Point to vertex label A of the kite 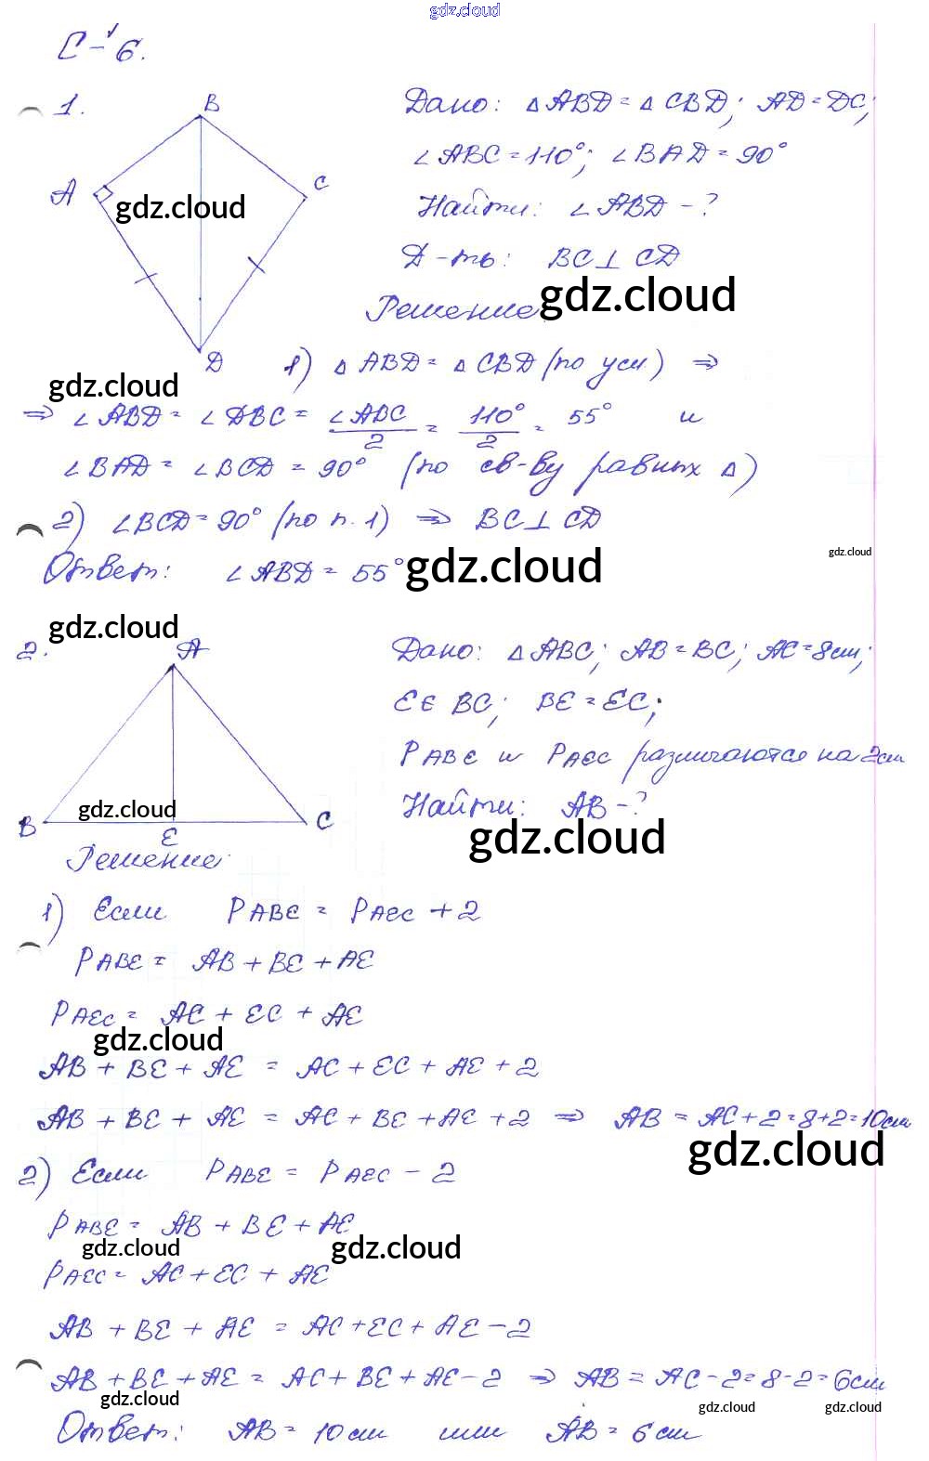[63, 194]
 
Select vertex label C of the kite [321, 183]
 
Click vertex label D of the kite [214, 363]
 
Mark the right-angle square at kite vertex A [102, 194]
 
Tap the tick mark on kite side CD [257, 267]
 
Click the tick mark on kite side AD [145, 276]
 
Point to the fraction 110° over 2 [493, 424]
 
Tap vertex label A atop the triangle [192, 647]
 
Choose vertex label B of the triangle [26, 826]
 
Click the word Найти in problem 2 [464, 805]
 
